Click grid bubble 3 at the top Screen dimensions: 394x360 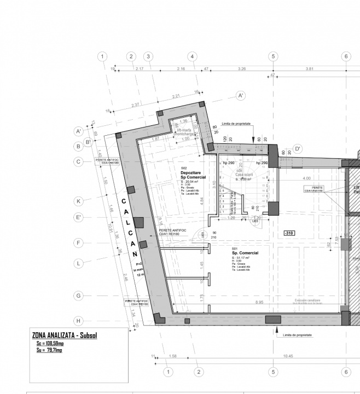coord(148,56)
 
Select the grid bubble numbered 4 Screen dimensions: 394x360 coord(191,56)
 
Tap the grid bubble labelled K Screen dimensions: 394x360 coord(79,201)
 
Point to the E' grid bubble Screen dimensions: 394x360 coord(79,218)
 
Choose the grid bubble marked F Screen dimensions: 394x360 coord(79,242)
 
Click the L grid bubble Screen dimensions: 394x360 coord(79,263)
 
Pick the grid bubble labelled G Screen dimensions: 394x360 coord(79,296)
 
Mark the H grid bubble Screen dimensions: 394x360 coord(79,321)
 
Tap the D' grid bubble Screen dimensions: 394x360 coord(298,148)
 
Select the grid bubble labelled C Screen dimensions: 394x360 coord(79,161)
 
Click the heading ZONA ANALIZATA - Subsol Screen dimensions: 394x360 coord(65,334)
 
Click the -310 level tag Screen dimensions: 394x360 coord(289,233)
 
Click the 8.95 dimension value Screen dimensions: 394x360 coord(259,302)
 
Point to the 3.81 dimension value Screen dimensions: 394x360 coord(310,68)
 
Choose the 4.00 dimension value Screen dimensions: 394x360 coord(306,178)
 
